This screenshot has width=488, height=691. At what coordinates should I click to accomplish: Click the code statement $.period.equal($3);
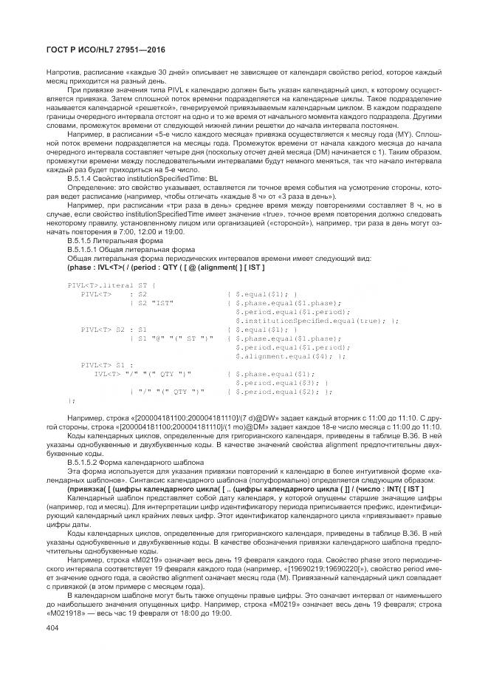[x=276, y=381]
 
